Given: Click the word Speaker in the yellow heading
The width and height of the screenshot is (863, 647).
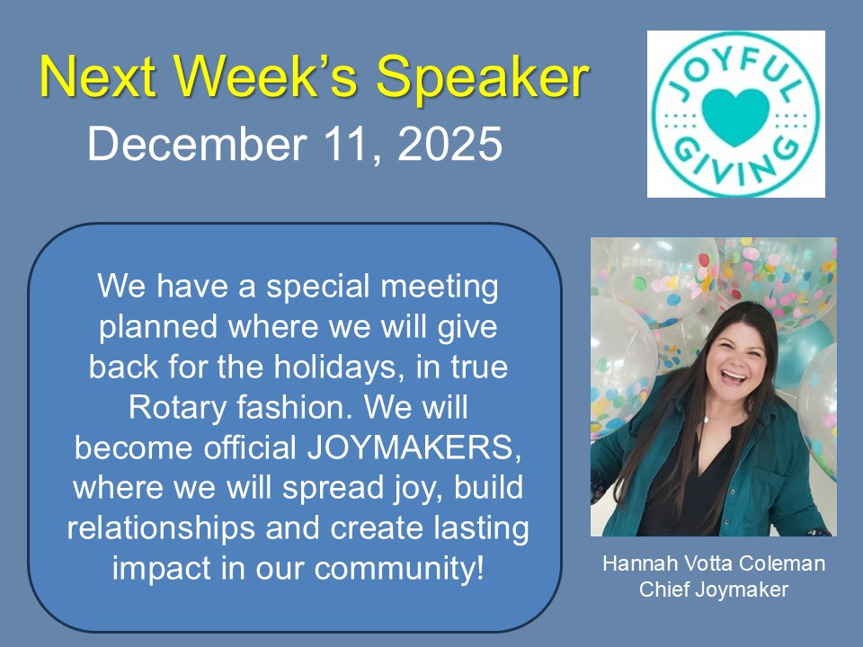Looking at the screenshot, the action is click(x=483, y=77).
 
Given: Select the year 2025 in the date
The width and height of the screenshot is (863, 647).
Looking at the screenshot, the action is click(x=449, y=144).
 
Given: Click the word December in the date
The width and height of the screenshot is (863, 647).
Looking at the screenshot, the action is click(x=197, y=144).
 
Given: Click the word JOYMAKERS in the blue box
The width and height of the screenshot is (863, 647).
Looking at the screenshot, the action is click(x=414, y=448).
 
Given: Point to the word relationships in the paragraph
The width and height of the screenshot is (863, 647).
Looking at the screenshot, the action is click(x=161, y=528).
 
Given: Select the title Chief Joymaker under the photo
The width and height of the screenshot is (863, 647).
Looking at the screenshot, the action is click(x=713, y=589).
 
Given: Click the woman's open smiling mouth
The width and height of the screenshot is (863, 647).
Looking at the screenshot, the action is click(x=734, y=377).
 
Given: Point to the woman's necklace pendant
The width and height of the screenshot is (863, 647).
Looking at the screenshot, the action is click(x=707, y=420).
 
